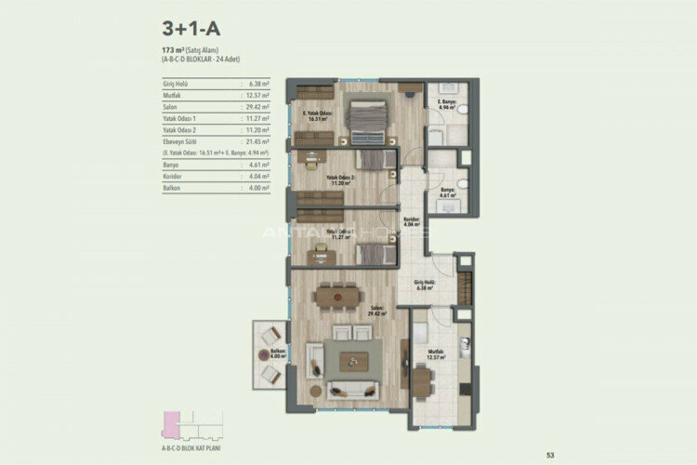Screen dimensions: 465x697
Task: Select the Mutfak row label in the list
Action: (x=173, y=95)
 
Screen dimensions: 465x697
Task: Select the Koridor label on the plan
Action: (x=412, y=222)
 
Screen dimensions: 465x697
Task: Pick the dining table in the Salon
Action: (x=338, y=295)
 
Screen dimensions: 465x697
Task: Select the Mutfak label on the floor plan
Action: (x=436, y=352)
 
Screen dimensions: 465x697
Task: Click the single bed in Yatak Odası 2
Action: (x=372, y=161)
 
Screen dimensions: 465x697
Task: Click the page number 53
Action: (x=550, y=454)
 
